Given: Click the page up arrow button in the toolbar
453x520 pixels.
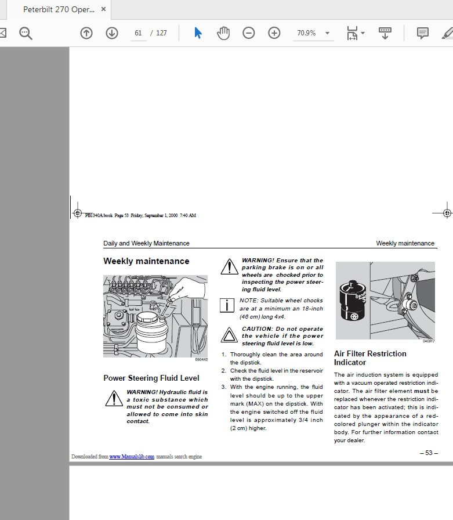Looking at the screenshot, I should coord(86,33).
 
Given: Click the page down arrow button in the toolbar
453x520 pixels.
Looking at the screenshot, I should coord(112,33).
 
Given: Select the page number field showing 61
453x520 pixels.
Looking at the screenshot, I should coord(138,33).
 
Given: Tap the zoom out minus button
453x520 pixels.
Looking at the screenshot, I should coord(249,33).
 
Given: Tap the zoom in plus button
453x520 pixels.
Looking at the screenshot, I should coord(274,33).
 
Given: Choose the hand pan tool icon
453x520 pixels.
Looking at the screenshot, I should coord(223,33).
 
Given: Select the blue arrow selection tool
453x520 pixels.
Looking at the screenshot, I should coord(198,33).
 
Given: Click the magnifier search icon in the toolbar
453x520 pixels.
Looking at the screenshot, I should coord(26,33).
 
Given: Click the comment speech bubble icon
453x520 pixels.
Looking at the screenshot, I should coord(423,33).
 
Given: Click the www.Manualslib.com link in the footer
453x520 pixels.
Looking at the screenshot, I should coord(132,457).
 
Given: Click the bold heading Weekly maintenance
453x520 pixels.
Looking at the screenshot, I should coord(146,261).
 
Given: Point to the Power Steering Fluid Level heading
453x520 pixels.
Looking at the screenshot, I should coord(151,378).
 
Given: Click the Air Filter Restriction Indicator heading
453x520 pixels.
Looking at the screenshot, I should coord(370,358).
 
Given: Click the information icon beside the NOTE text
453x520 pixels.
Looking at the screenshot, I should coord(228,305).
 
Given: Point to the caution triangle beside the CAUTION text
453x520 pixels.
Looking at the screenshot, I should coord(229,335).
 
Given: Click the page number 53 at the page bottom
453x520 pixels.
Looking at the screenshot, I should coord(428,453).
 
